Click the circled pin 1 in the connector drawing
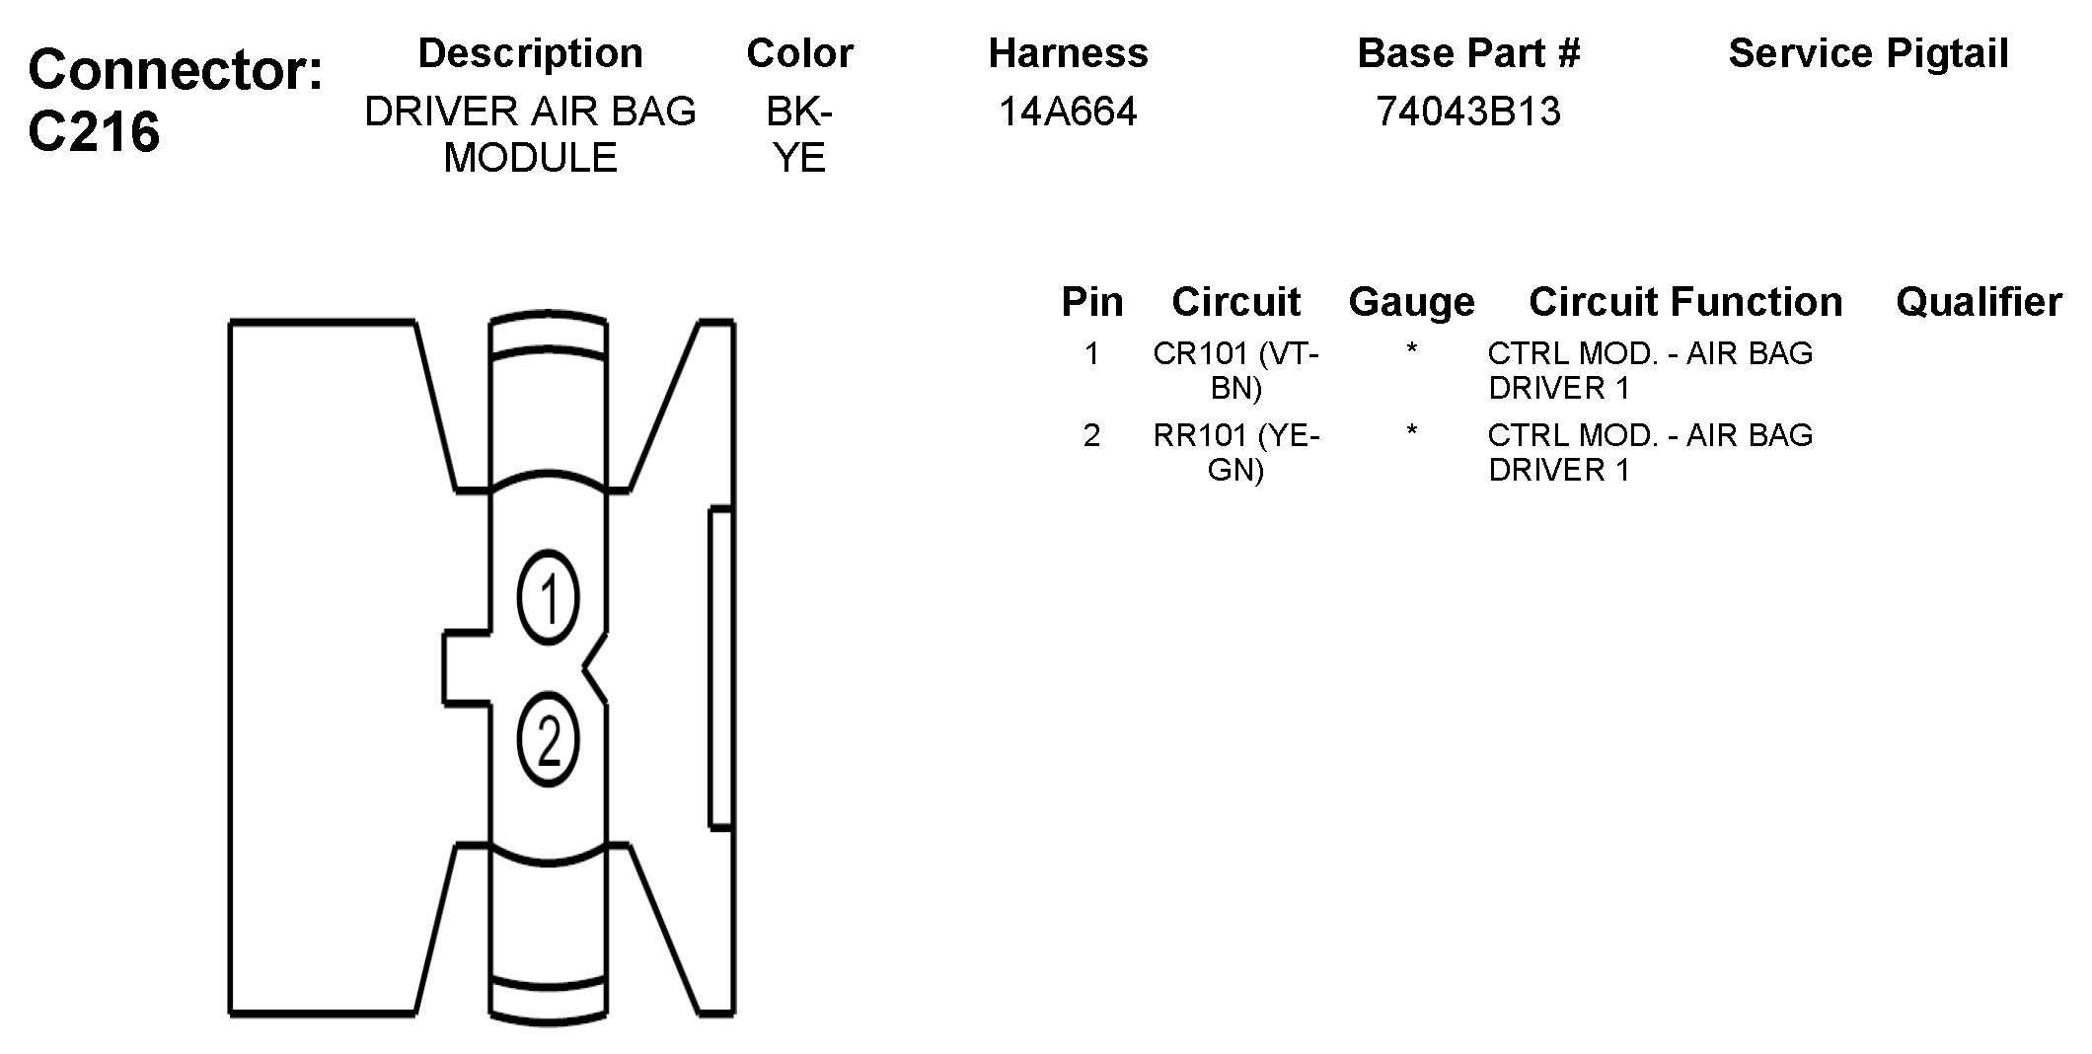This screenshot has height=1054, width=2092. pos(549,598)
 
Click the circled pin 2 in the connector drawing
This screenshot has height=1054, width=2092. pos(549,741)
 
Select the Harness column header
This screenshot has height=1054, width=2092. pos(1068,53)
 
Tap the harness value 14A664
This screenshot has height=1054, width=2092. pos(1068,112)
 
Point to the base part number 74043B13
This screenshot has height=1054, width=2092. pos(1468,112)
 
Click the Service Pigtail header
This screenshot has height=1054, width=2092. pos(1868,53)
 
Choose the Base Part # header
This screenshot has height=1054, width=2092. pos(1468,53)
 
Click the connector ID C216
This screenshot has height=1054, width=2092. pos(95,131)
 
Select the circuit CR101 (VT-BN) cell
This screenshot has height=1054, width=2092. pos(1235,370)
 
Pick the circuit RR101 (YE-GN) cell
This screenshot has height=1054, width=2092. pos(1235,452)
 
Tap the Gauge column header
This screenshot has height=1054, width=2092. pos(1411,302)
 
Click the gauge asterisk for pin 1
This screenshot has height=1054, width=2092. pos(1411,350)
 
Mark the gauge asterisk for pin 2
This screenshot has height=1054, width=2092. pos(1411,432)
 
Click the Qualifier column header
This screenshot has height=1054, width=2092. pos(1979,302)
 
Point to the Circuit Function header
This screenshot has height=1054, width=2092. pos(1685,302)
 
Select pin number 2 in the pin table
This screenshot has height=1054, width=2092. pos(1091,435)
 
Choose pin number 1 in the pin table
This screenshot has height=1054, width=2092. pos(1091,353)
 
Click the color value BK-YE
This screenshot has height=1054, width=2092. pos(799,134)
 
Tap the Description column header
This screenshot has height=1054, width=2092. pos(531,53)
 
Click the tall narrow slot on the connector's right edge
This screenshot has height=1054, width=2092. pos(720,667)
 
